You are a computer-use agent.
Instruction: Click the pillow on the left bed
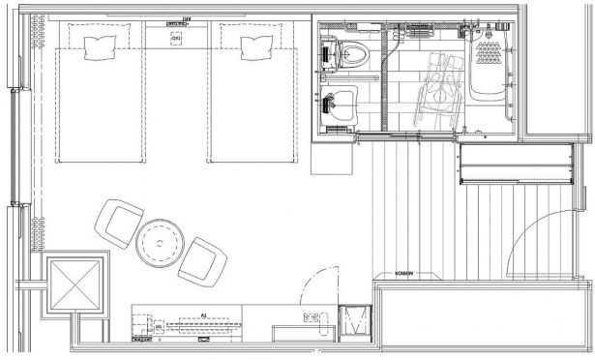(100, 46)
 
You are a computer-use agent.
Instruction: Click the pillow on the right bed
(256, 45)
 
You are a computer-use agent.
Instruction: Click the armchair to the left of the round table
(118, 224)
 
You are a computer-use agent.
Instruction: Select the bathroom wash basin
(338, 101)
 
